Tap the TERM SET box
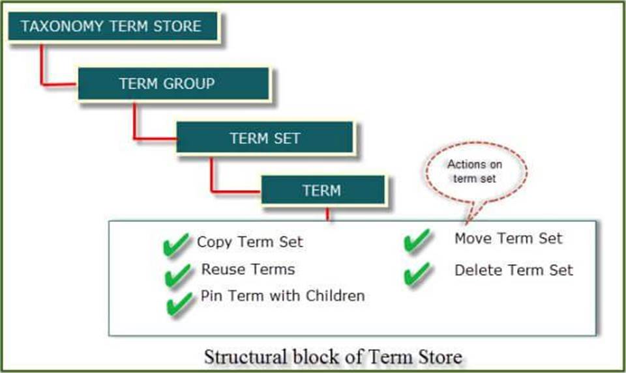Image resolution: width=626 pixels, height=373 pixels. click(265, 139)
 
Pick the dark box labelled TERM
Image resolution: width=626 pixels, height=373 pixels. click(322, 191)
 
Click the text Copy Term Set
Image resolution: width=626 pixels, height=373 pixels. click(250, 242)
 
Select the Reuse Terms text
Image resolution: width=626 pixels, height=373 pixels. click(248, 269)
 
